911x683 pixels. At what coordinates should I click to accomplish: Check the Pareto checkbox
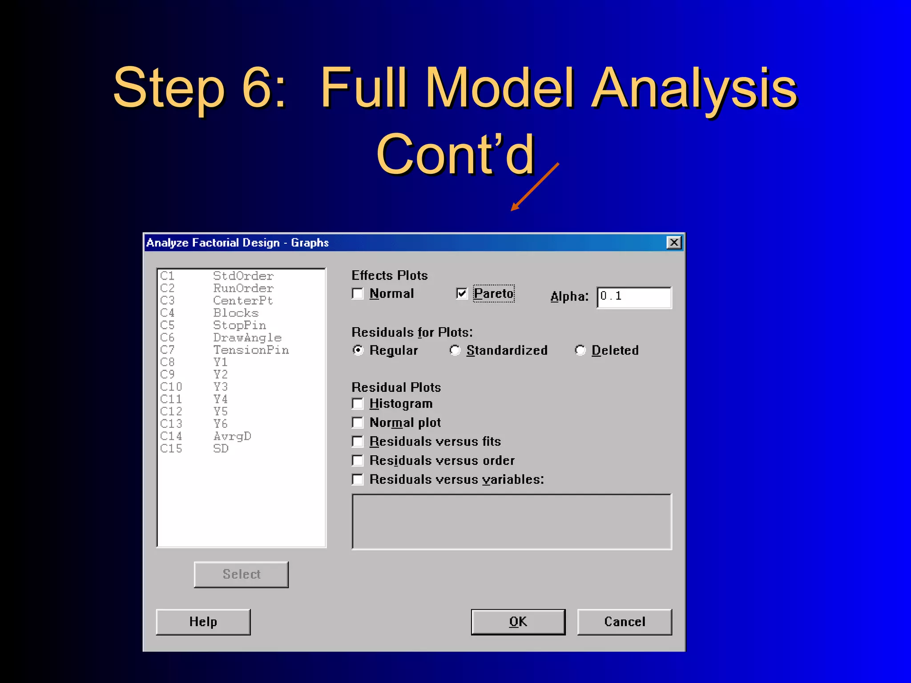462,293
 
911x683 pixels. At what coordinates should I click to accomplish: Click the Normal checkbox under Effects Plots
358,294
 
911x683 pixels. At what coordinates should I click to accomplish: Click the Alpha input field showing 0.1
634,297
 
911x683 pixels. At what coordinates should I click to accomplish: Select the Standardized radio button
455,350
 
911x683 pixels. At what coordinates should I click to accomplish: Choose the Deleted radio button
580,350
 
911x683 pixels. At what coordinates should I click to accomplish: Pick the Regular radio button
358,350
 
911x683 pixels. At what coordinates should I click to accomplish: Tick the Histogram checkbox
358,404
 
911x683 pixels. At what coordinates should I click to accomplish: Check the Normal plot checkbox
358,422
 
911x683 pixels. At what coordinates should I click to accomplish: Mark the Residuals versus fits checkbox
358,442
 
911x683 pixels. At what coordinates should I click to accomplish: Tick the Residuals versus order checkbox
358,461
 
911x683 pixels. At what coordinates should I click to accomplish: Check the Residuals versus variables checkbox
358,479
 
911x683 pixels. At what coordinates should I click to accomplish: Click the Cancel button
624,622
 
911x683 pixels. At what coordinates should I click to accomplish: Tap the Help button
203,622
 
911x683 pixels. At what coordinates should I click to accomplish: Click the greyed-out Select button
241,575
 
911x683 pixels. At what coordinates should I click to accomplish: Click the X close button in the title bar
674,242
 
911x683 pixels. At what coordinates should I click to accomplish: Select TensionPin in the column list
251,350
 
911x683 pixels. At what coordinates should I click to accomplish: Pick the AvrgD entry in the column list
232,436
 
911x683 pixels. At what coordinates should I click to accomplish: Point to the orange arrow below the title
534,187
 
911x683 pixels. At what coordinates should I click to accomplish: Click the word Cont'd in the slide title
455,154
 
